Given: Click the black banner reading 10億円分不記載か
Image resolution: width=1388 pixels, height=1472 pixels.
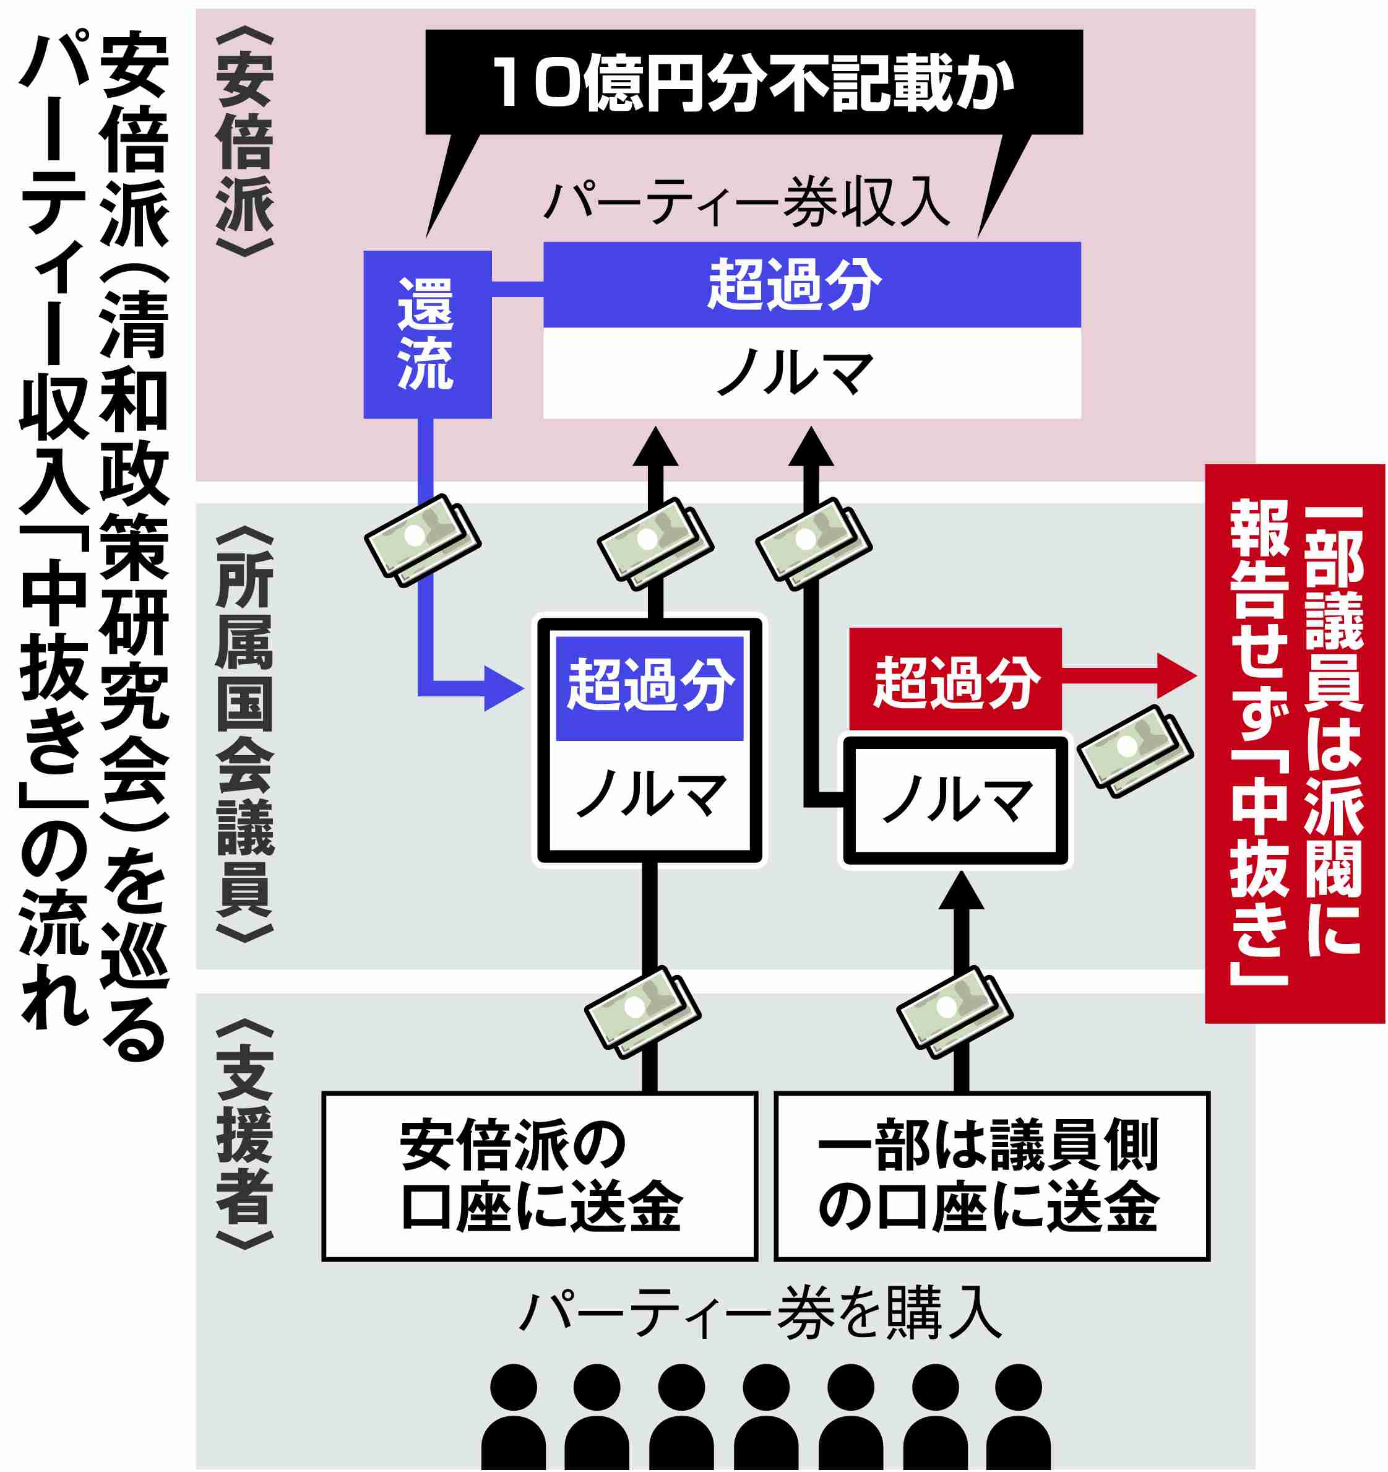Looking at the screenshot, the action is (754, 82).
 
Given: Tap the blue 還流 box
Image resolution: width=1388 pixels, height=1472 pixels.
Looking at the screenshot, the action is (427, 335).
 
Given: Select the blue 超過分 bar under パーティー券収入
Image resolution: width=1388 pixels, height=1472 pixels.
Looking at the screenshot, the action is (812, 285).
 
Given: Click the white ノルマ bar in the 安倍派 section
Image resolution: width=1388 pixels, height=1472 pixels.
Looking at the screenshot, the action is (812, 373).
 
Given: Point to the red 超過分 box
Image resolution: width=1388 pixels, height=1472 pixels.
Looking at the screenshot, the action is (955, 679).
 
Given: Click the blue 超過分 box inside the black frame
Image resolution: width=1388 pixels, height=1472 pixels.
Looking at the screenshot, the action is (649, 688).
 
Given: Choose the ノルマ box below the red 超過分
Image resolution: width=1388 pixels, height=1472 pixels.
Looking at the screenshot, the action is (955, 800).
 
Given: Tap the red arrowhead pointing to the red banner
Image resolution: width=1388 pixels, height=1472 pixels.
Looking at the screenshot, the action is (1176, 675).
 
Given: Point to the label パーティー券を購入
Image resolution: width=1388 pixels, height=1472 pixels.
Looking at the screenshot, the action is (761, 1314).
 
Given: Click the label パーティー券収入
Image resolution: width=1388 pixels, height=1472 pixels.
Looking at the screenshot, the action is (747, 201).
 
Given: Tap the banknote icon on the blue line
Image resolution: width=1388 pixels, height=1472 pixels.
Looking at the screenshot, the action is (423, 540).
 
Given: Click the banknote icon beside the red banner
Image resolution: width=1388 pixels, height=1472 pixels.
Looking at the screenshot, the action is (1135, 751).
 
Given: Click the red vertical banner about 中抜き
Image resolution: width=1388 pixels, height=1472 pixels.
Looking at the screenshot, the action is (1295, 743).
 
